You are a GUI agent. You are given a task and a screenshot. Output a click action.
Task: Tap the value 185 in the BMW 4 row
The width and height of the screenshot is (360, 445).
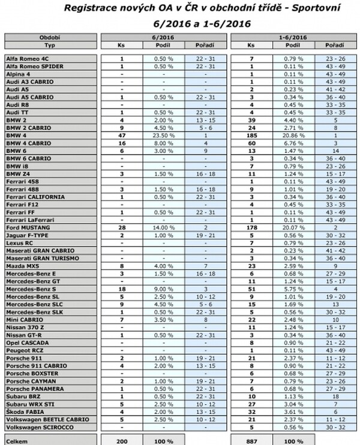[x=251, y=136]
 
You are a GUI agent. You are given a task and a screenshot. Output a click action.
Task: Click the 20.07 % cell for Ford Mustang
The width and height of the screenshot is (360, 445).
[x=293, y=228]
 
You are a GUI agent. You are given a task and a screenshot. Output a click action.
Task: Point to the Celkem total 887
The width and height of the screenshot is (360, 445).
[x=251, y=440]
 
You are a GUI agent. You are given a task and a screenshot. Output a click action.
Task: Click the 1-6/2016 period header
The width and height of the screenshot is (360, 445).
[x=293, y=37]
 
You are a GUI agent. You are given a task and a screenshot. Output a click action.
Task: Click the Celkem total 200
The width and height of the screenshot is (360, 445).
[x=122, y=440]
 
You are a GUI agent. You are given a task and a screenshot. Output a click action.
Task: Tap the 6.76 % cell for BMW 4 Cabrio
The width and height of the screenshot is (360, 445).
[x=293, y=143]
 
